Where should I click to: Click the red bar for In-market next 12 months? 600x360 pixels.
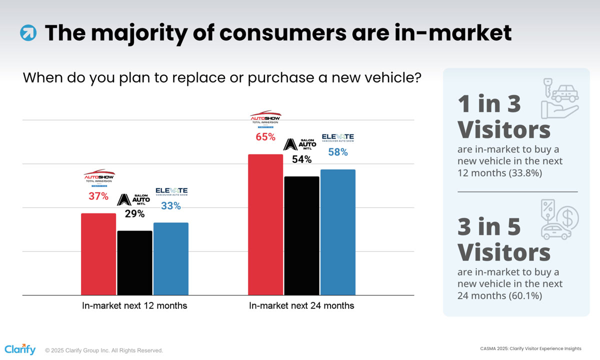98,254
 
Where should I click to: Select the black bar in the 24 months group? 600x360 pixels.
301,235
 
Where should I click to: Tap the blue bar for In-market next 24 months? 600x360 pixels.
337,232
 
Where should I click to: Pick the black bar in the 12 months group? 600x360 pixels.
134,262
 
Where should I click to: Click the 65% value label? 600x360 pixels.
265,136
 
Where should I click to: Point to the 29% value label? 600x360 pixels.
134,213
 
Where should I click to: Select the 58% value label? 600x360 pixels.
338,152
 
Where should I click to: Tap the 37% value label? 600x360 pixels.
98,196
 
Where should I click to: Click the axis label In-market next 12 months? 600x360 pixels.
134,305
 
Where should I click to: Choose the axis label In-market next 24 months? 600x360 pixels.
301,305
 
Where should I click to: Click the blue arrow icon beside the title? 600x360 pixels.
28,33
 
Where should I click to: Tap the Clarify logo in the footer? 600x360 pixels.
20,349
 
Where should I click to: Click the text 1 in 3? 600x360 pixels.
489,103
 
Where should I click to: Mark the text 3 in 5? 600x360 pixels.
489,227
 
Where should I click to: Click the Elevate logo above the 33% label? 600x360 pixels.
171,191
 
